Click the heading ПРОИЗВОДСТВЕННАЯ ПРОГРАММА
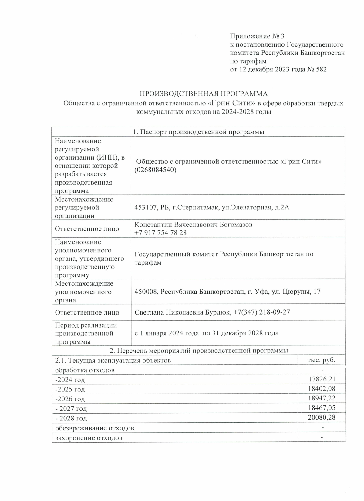(204, 93)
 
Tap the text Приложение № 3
(257, 37)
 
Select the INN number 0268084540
(155, 170)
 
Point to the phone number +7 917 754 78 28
(160, 232)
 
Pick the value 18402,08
(322, 389)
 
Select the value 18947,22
(322, 399)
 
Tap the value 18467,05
(322, 408)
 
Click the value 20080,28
(322, 418)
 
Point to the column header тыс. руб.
(322, 360)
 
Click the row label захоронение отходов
(89, 438)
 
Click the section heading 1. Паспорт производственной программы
(198, 132)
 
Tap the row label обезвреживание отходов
(94, 428)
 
